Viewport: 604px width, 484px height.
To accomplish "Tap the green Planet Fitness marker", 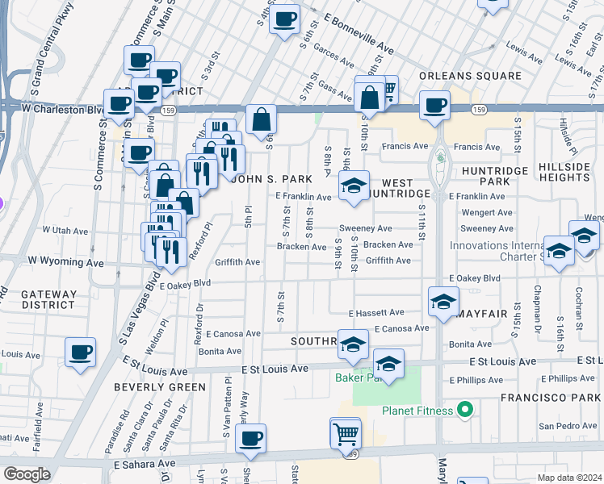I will click(464, 411).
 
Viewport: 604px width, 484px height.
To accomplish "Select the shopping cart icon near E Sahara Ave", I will click(346, 433).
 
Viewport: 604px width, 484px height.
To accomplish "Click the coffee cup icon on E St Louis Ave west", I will click(81, 353).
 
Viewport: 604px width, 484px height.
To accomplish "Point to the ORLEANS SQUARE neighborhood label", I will click(470, 76).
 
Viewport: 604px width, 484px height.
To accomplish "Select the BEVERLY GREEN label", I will click(149, 387).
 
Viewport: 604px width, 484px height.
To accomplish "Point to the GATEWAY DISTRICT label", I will click(36, 298).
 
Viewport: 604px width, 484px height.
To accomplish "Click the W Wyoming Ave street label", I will click(66, 263).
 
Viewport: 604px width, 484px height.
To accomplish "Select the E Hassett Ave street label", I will click(375, 312).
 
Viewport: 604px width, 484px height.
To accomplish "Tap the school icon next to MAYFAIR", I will click(443, 302).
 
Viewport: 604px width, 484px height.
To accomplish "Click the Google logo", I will click(27, 474).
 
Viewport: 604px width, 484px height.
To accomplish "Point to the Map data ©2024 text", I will click(569, 478).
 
